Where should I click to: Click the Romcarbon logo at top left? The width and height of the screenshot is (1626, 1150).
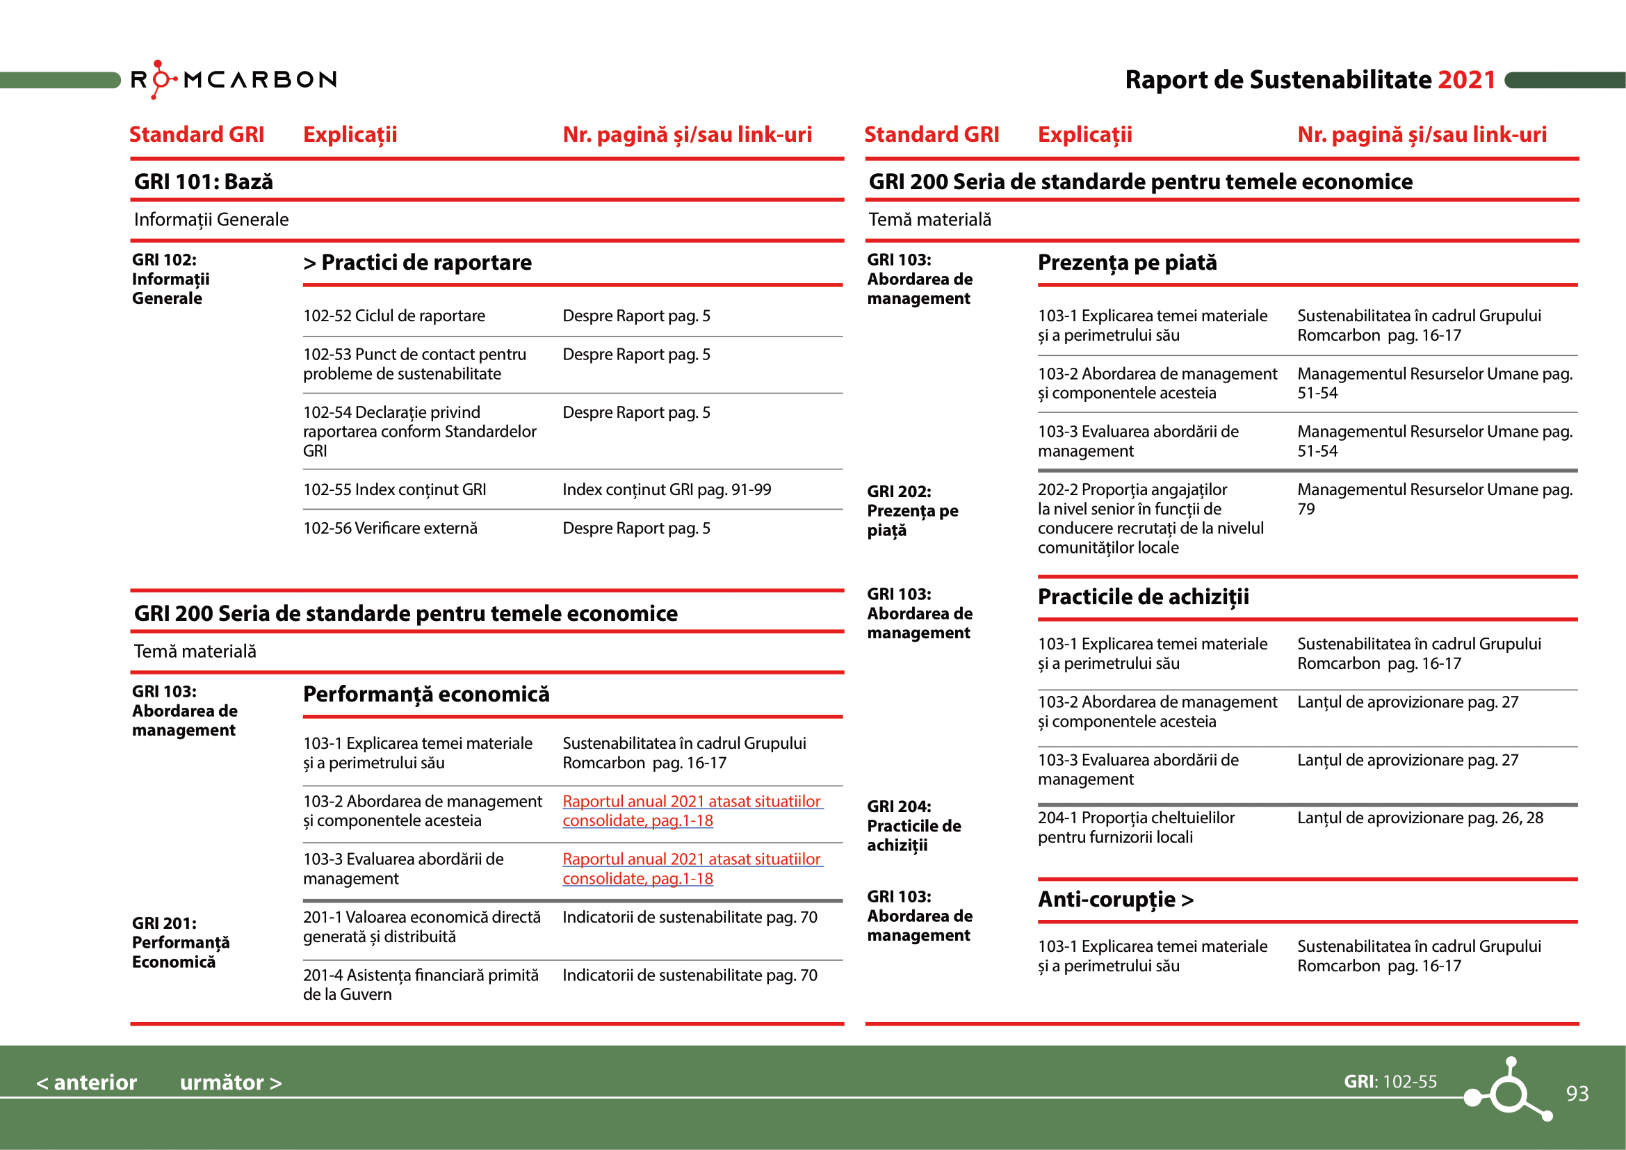pos(234,79)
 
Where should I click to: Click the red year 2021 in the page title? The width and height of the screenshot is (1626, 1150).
pos(1466,80)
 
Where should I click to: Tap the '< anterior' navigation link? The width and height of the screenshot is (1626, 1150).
pos(86,1082)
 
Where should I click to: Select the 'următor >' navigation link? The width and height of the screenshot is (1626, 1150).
pos(230,1082)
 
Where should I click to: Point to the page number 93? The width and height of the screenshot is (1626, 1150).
pos(1577,1094)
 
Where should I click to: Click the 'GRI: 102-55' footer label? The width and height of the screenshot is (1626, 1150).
pos(1390,1081)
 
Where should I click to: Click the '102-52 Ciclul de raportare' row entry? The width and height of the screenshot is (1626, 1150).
pos(393,316)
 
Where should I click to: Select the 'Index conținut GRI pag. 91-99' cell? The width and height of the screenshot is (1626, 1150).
pos(667,489)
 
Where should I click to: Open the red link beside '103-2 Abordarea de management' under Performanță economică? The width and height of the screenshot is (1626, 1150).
pos(691,811)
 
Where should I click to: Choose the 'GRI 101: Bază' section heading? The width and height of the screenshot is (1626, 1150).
pos(203,182)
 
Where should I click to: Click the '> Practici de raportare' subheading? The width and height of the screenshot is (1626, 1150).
pos(417,263)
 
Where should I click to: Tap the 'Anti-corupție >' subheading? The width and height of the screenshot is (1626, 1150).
pos(1115,899)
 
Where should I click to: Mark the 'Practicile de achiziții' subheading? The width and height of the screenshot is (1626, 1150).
pos(1143,597)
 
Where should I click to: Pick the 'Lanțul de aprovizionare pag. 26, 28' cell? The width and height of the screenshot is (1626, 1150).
pos(1420,818)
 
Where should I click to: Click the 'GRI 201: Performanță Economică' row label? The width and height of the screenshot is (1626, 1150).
pos(181,943)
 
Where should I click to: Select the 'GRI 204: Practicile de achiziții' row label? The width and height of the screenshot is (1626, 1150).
pos(913,826)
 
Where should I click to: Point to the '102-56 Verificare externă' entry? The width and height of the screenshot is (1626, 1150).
pos(390,528)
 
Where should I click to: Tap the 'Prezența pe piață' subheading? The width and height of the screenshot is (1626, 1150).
pos(1127,263)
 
